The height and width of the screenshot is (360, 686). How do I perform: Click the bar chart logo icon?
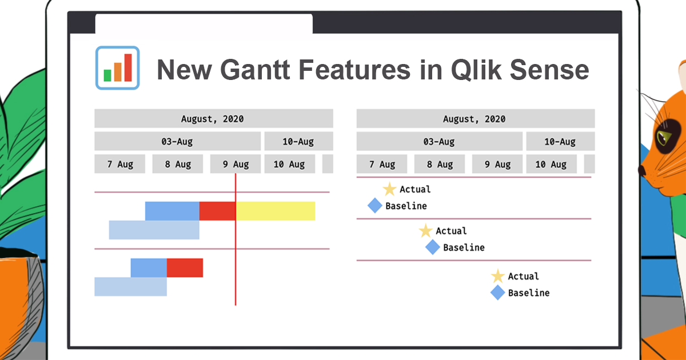tap(118, 67)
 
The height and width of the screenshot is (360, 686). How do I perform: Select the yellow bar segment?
tap(276, 211)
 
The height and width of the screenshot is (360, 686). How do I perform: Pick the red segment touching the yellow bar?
tap(217, 211)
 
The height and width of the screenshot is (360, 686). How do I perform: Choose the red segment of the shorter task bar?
tap(185, 267)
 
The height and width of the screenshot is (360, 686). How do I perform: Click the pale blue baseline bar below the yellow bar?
tap(154, 230)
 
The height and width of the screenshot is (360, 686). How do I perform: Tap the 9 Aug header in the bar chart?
tap(236, 164)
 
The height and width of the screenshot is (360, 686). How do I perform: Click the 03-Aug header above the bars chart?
tap(177, 141)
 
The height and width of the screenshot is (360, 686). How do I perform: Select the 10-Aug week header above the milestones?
tap(560, 141)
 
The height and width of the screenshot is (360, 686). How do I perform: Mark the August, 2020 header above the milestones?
tap(474, 119)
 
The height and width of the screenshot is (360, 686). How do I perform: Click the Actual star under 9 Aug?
tap(498, 277)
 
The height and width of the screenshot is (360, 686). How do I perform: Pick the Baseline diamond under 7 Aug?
tap(374, 206)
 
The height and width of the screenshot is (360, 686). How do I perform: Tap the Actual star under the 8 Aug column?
tap(425, 231)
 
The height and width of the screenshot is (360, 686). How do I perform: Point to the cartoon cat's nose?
tap(643, 170)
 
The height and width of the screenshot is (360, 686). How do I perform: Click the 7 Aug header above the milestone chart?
tap(382, 164)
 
